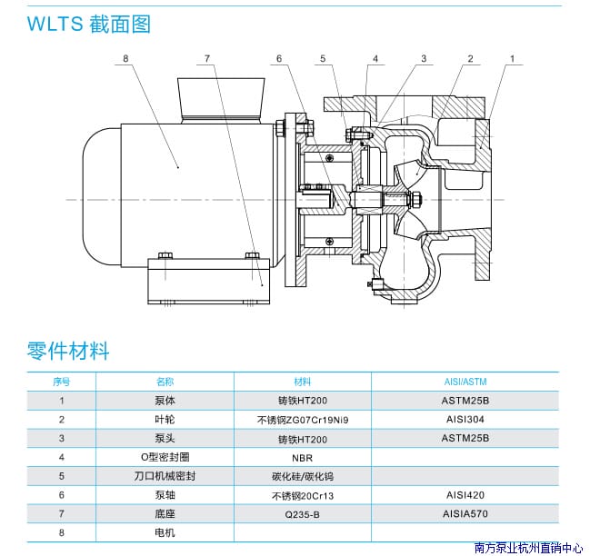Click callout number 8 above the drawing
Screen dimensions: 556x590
point(125,59)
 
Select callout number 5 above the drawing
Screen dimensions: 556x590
point(323,59)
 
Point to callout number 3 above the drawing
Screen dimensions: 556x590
point(423,59)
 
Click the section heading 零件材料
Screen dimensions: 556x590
point(68,349)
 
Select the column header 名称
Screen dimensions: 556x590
point(165,382)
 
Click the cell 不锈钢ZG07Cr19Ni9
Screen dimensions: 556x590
point(302,420)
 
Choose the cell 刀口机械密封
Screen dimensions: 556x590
point(165,476)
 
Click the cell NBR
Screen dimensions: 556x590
point(302,458)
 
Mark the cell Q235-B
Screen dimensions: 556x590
point(302,514)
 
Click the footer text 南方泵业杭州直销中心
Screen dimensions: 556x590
point(528,548)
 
